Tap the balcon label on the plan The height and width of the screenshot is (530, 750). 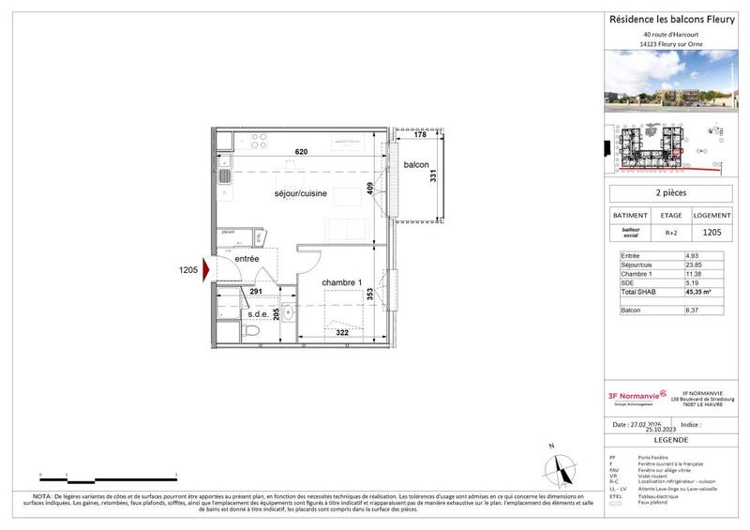click(416, 166)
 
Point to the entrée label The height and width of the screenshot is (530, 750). click(247, 259)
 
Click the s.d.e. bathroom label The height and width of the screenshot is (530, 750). click(259, 314)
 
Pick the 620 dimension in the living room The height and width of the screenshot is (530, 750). click(300, 151)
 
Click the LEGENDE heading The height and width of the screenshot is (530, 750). click(672, 439)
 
